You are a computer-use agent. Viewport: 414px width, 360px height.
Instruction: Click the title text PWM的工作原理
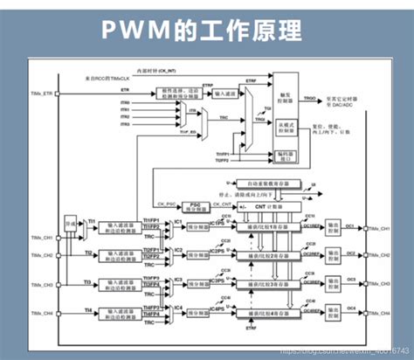click(206, 30)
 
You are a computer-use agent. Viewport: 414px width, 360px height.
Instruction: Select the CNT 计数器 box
click(262, 206)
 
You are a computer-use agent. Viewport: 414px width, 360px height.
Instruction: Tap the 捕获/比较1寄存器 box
click(263, 226)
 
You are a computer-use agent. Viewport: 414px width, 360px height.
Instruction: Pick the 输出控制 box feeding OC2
click(334, 255)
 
